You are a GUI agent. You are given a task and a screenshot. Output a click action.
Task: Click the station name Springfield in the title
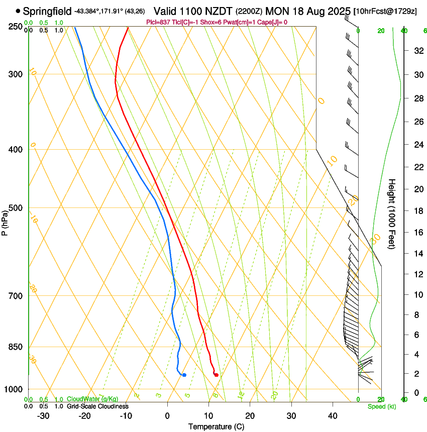(47, 11)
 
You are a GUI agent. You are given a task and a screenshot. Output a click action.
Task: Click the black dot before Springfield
(18, 11)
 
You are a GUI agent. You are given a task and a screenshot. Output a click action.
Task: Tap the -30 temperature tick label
(43, 416)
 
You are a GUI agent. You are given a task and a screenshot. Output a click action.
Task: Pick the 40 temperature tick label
(333, 416)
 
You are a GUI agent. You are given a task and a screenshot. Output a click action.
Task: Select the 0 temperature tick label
(168, 416)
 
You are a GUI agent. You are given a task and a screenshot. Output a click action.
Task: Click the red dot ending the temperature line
(216, 375)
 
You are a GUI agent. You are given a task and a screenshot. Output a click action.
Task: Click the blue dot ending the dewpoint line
(184, 375)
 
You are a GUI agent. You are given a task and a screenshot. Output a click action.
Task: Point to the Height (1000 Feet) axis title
(392, 213)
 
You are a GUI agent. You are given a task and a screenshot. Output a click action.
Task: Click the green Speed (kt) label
(381, 406)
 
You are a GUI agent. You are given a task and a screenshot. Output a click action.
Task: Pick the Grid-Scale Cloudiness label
(97, 406)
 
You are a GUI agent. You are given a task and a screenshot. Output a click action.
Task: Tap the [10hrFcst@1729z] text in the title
(385, 11)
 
